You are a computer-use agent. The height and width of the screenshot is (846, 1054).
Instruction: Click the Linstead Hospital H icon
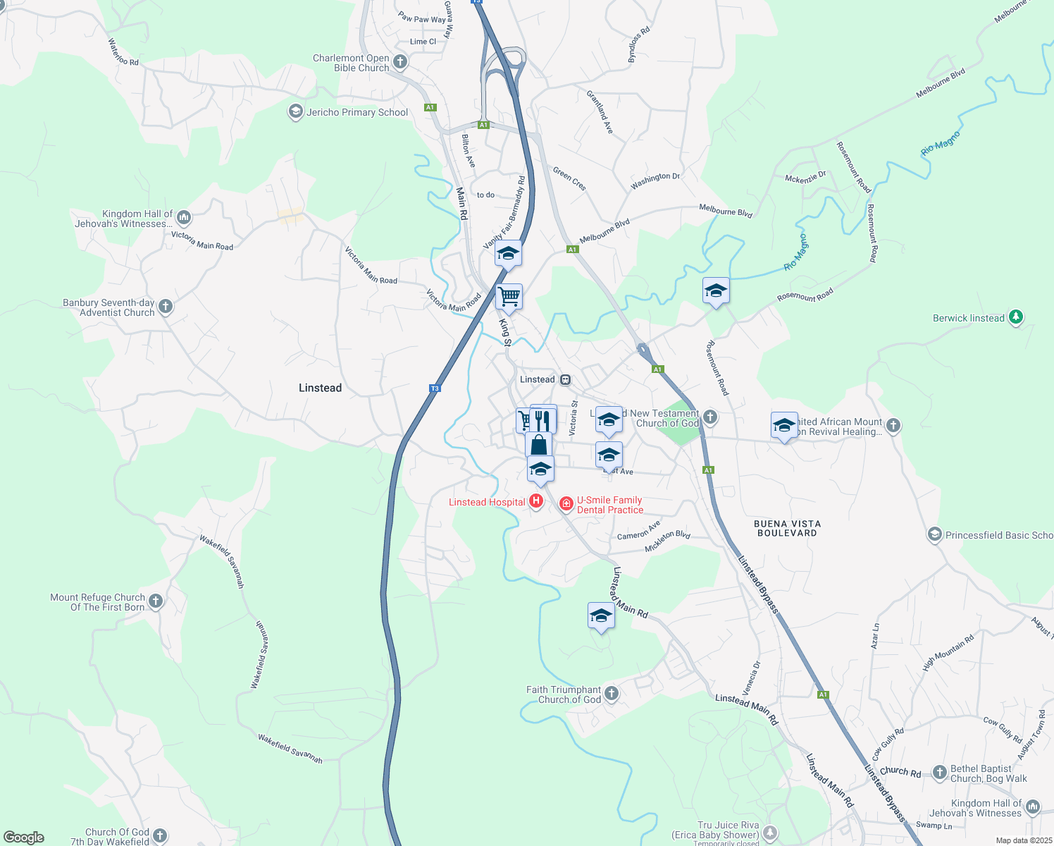(x=535, y=501)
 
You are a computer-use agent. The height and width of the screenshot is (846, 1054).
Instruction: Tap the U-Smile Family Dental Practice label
(x=609, y=505)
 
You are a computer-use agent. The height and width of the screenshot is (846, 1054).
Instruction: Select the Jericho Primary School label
(x=357, y=112)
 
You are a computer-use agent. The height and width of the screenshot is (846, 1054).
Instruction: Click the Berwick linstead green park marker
(x=1015, y=317)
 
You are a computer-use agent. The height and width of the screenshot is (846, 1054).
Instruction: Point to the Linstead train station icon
(x=565, y=380)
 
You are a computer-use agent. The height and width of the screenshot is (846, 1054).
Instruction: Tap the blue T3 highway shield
(x=435, y=388)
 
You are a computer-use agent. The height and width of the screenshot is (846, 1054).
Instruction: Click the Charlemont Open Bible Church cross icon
(x=400, y=62)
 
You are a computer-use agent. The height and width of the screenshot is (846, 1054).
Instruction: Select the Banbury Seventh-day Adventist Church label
(x=108, y=308)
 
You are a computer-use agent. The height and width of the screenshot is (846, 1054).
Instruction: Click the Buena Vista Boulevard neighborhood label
(x=787, y=528)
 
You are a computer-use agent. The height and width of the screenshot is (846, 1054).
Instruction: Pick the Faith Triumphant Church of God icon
(x=612, y=694)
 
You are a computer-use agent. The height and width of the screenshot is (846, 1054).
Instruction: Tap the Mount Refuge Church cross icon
(x=156, y=601)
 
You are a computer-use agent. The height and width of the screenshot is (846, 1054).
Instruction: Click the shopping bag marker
(x=538, y=446)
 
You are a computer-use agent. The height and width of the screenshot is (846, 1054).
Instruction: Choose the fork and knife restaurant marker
(x=542, y=420)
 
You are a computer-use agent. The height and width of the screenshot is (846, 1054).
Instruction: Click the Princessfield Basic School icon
(x=934, y=535)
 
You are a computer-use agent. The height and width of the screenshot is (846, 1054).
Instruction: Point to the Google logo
(x=24, y=838)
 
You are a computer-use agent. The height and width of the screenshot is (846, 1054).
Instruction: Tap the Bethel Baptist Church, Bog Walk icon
(x=939, y=773)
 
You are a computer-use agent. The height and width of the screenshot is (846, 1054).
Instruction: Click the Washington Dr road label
(x=655, y=181)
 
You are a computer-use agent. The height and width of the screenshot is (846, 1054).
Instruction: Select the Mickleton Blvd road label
(x=667, y=540)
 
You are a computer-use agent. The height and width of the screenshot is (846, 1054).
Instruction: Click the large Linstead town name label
(x=320, y=388)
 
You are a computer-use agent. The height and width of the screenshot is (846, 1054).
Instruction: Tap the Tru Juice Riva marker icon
(x=770, y=833)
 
